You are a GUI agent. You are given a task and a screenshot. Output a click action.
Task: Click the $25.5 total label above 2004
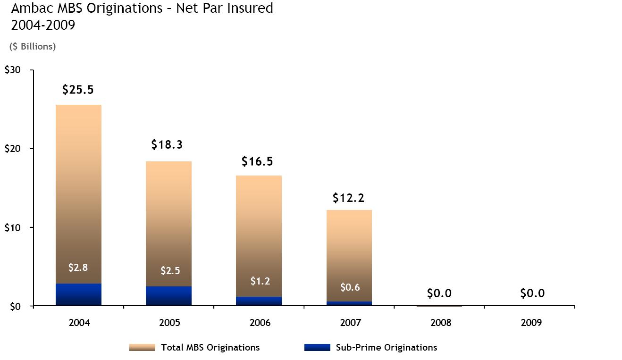click(x=78, y=90)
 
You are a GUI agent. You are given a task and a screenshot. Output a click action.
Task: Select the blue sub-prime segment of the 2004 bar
click(x=78, y=294)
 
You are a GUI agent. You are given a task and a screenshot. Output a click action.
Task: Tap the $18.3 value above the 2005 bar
click(x=167, y=145)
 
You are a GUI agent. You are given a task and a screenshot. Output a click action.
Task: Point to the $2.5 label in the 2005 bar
click(x=170, y=271)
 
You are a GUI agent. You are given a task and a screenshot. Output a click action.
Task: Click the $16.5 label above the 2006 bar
click(x=257, y=161)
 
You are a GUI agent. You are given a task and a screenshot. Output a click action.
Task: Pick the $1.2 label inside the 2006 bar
click(x=260, y=281)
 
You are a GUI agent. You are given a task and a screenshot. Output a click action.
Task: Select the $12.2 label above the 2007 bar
click(x=348, y=198)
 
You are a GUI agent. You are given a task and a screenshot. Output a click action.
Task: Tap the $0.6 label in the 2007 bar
click(x=350, y=287)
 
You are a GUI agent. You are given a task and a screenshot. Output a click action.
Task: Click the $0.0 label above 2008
click(x=439, y=293)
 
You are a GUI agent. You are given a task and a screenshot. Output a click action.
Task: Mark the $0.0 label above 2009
click(x=532, y=293)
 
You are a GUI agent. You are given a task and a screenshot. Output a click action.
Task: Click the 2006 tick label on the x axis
click(x=260, y=323)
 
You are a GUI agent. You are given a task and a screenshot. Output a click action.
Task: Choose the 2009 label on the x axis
click(x=532, y=323)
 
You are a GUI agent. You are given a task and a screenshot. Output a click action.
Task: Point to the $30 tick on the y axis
click(x=12, y=70)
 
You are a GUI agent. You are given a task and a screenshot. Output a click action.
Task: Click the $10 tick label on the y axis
click(x=12, y=227)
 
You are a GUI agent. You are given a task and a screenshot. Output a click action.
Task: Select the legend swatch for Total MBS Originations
click(x=142, y=348)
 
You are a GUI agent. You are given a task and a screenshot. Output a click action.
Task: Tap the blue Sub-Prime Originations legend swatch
click(x=317, y=348)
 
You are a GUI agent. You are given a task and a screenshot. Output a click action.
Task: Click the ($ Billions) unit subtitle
click(x=33, y=46)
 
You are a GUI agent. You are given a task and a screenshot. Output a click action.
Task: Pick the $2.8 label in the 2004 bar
click(x=78, y=268)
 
